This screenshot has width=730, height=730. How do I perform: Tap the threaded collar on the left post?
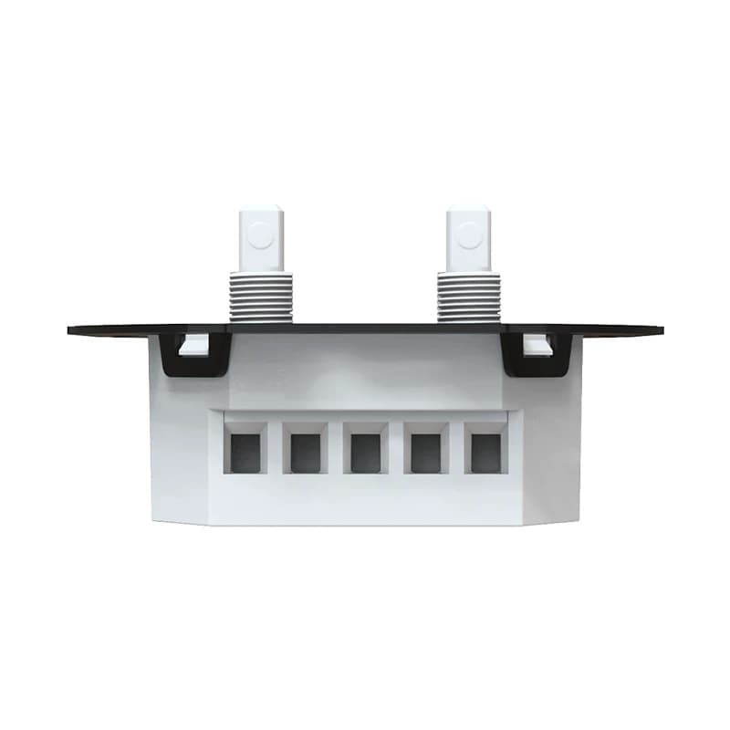pyautogui.click(x=261, y=296)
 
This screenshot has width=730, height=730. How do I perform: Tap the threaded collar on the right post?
pyautogui.click(x=469, y=296)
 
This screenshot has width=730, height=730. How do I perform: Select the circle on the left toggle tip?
pyautogui.click(x=261, y=235)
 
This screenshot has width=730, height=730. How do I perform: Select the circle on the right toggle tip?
pyautogui.click(x=469, y=235)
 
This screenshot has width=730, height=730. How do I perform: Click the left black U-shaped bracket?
pyautogui.click(x=193, y=366)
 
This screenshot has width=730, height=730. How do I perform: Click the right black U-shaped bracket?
pyautogui.click(x=537, y=366)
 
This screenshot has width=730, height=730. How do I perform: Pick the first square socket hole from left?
pyautogui.click(x=245, y=452)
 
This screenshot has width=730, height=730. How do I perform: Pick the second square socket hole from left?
pyautogui.click(x=306, y=452)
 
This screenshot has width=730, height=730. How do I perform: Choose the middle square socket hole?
pyautogui.click(x=365, y=452)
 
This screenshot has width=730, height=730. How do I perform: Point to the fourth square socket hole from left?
pyautogui.click(x=425, y=452)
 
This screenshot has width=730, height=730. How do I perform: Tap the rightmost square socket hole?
pyautogui.click(x=485, y=452)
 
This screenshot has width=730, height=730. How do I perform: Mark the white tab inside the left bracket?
pyautogui.click(x=193, y=346)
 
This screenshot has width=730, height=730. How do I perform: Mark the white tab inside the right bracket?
pyautogui.click(x=537, y=346)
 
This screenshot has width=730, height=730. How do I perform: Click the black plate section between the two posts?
pyautogui.click(x=365, y=327)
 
